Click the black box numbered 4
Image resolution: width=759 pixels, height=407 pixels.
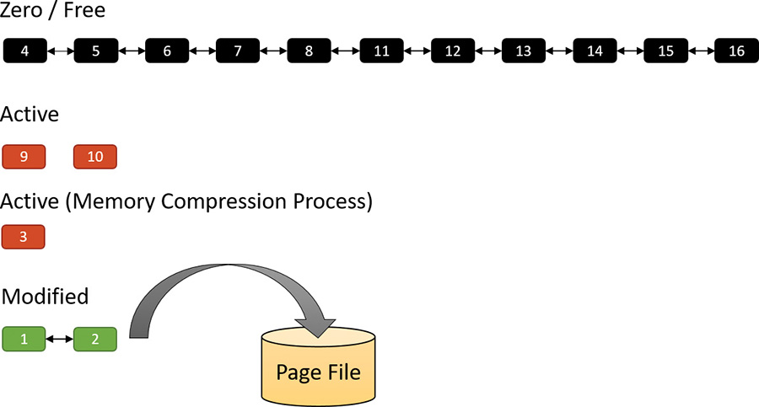(x=24, y=51)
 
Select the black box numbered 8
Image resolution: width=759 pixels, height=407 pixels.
(x=309, y=51)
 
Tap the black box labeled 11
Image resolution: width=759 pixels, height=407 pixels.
(x=381, y=51)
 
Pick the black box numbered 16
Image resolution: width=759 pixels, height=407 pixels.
(x=736, y=51)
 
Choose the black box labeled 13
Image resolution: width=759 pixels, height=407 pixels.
(x=524, y=51)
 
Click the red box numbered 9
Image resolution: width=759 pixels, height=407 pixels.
(x=24, y=157)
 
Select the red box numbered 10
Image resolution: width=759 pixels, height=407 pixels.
(x=94, y=157)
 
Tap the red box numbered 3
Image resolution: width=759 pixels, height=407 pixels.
(x=24, y=237)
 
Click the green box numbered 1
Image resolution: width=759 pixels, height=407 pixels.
(x=24, y=339)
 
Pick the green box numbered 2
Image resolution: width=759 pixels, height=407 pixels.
(x=94, y=339)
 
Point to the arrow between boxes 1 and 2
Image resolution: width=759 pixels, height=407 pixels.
(x=59, y=339)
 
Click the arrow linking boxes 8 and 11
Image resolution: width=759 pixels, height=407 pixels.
(x=345, y=51)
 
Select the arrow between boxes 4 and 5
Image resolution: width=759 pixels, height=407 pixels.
(x=60, y=51)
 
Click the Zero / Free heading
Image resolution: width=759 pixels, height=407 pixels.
(x=53, y=12)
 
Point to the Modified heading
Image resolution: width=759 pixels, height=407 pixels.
(x=45, y=297)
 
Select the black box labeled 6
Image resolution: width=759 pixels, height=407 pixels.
(x=166, y=51)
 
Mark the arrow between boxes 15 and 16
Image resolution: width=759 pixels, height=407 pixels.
(x=701, y=51)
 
